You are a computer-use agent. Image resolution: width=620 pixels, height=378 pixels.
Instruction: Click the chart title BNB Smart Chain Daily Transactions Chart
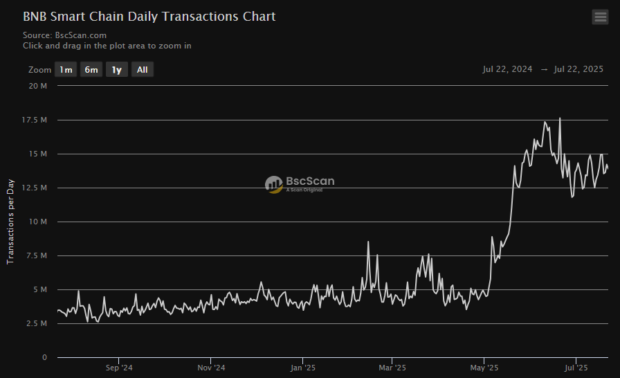point(149,16)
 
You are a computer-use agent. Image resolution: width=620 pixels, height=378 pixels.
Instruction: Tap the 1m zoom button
point(66,69)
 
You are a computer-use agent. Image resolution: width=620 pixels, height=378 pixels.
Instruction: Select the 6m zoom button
point(91,69)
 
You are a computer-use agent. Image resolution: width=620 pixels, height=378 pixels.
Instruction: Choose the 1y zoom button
point(117,69)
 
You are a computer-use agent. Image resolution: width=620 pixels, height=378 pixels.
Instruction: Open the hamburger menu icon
point(600,17)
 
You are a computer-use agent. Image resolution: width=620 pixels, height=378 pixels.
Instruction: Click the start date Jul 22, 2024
point(507,69)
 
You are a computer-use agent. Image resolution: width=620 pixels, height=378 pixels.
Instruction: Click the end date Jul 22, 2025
point(578,69)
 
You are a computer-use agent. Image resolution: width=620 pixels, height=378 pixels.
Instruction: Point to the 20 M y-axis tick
point(38,86)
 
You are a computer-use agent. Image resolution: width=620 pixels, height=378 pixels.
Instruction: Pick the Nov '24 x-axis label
point(210,368)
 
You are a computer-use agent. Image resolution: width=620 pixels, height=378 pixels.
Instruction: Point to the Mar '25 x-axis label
point(392,368)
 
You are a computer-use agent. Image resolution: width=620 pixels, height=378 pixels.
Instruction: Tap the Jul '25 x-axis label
point(576,368)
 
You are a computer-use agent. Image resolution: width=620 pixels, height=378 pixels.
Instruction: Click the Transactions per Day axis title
point(10,222)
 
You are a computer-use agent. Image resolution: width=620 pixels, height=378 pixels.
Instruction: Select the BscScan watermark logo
point(300,183)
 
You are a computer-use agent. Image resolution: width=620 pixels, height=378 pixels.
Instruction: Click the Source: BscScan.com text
point(64,35)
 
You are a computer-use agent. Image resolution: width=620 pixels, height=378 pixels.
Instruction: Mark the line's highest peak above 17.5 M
point(560,118)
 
